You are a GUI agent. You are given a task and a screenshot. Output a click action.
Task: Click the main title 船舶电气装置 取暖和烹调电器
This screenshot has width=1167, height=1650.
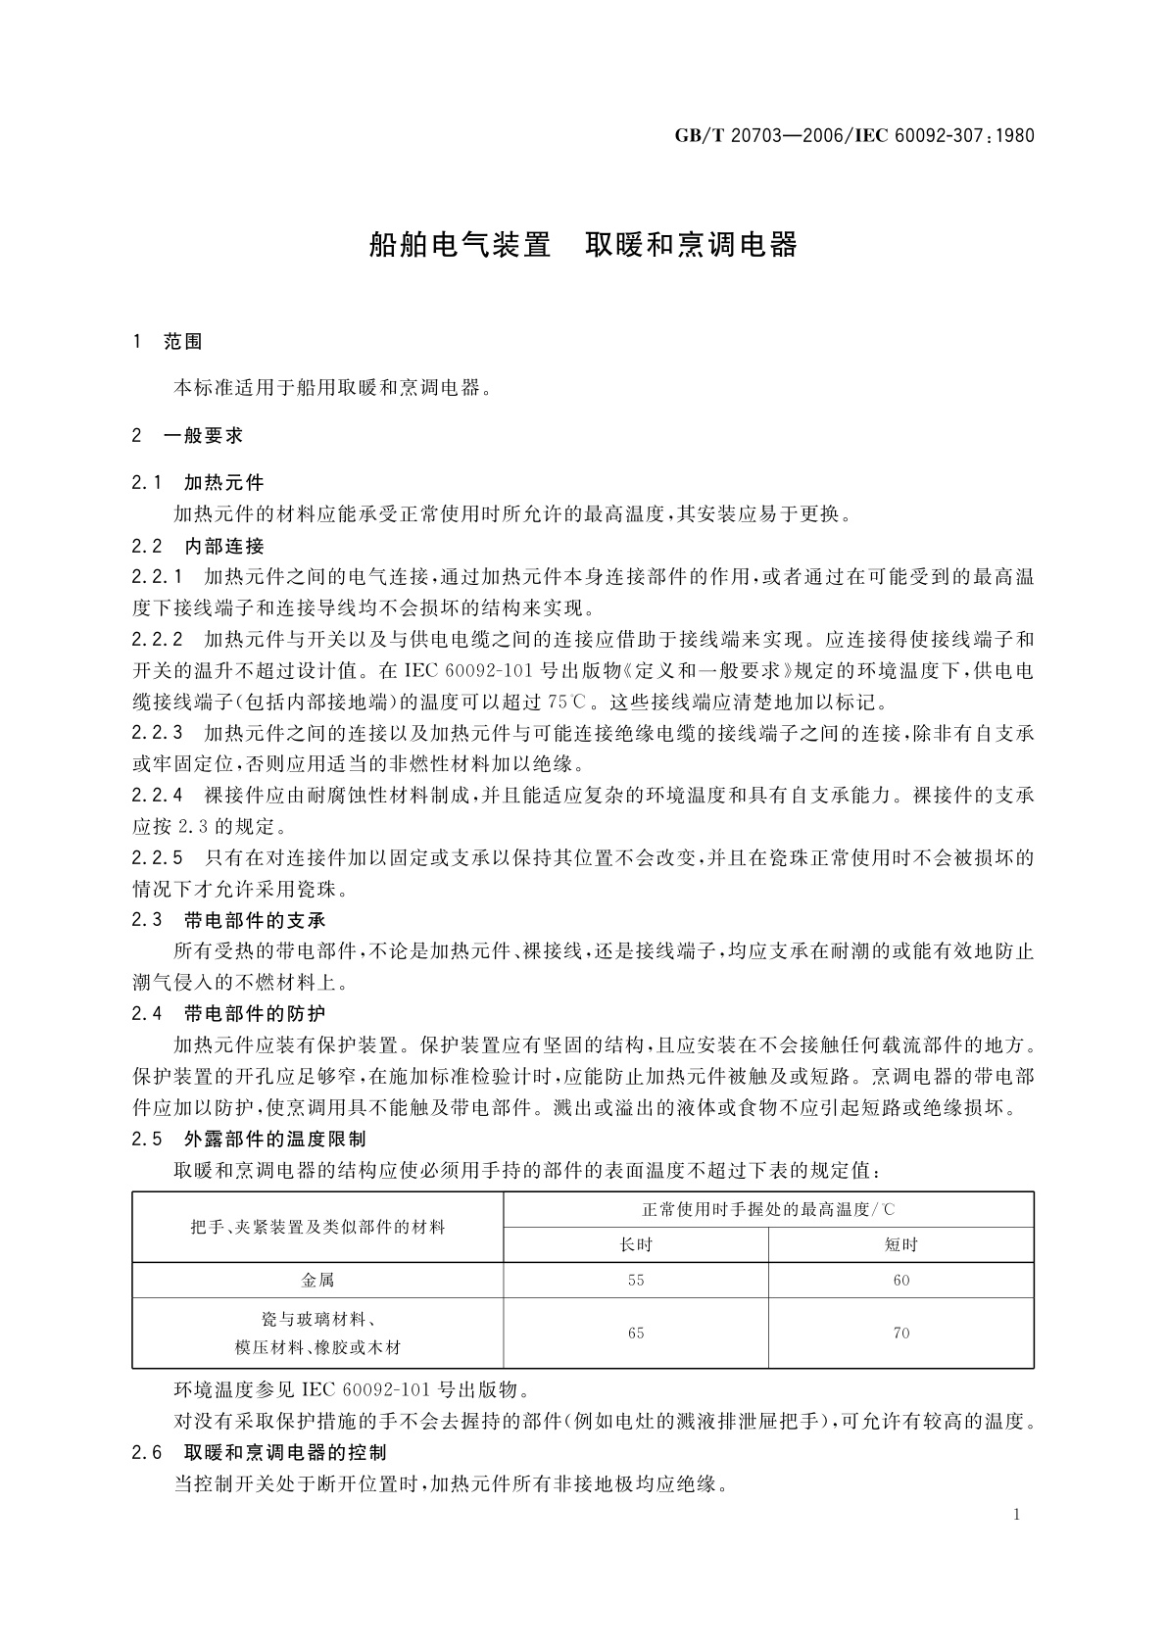pyautogui.click(x=583, y=245)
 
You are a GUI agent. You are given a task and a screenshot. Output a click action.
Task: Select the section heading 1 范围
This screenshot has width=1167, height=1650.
pyautogui.click(x=168, y=341)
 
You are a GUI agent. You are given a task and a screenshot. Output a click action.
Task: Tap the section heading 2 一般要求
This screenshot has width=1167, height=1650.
pyautogui.click(x=187, y=435)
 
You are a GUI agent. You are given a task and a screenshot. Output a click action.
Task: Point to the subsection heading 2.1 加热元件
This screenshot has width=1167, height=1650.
pyautogui.click(x=198, y=482)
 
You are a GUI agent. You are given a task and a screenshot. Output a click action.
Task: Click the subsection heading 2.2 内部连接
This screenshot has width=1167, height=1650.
pyautogui.click(x=198, y=546)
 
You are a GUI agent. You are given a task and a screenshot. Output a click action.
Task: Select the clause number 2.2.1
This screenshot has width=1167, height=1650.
pyautogui.click(x=158, y=576)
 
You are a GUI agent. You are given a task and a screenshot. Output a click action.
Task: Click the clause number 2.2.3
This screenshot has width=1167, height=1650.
pyautogui.click(x=158, y=732)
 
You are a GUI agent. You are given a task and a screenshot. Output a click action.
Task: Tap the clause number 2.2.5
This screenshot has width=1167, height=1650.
pyautogui.click(x=158, y=857)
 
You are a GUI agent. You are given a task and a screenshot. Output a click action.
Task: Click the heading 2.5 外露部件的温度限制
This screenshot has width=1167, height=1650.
pyautogui.click(x=250, y=1139)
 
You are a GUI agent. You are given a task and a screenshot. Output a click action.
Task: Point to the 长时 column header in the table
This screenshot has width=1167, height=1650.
pyautogui.click(x=636, y=1244)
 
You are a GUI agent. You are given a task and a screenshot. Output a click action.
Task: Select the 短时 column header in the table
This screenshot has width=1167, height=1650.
pyautogui.click(x=900, y=1244)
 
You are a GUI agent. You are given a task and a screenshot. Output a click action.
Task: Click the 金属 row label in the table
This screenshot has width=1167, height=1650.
pyautogui.click(x=317, y=1280)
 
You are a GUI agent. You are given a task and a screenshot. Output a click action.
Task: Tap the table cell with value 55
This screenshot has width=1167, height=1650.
pyautogui.click(x=636, y=1280)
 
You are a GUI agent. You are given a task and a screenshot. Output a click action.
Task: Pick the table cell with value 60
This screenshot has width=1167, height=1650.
pyautogui.click(x=900, y=1280)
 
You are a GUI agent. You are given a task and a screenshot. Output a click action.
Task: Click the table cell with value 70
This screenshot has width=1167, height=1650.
pyautogui.click(x=900, y=1333)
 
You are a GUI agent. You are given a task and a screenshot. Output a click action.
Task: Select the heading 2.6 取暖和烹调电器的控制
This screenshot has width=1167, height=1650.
pyautogui.click(x=260, y=1452)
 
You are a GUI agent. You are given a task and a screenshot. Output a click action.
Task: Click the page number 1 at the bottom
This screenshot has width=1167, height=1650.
pyautogui.click(x=1017, y=1515)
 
